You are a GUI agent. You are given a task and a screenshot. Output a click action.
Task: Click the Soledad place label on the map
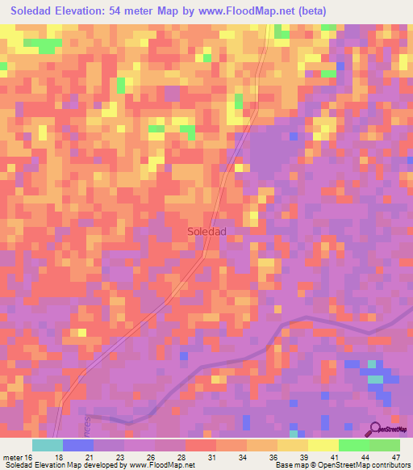(x=206, y=231)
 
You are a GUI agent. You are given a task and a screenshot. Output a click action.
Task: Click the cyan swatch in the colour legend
(x=48, y=445)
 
